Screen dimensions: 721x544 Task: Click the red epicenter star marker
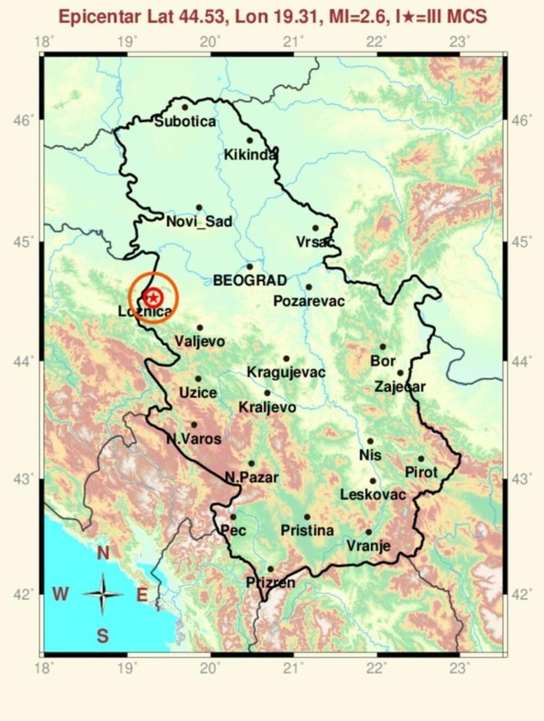click(x=153, y=297)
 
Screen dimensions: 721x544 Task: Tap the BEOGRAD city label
click(x=250, y=281)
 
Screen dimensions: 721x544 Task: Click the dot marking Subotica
click(x=185, y=107)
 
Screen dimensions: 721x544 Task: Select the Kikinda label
click(x=250, y=156)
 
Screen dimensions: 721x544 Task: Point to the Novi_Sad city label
click(x=199, y=221)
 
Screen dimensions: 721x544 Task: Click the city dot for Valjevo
click(x=200, y=328)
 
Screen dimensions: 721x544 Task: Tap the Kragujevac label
click(x=286, y=373)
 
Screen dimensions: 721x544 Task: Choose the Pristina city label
click(x=307, y=531)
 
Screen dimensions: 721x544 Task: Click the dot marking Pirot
click(x=421, y=459)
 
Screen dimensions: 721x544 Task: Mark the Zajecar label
click(x=400, y=387)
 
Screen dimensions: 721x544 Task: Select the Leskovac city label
click(x=373, y=495)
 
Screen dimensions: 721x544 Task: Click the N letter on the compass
click(x=103, y=554)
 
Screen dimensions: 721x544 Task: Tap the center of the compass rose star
click(x=102, y=594)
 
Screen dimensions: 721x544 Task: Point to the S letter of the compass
click(x=102, y=636)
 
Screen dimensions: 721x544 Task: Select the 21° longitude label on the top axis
click(x=294, y=41)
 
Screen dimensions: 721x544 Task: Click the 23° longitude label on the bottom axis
click(x=461, y=668)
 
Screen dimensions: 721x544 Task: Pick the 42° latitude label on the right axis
click(x=521, y=594)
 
